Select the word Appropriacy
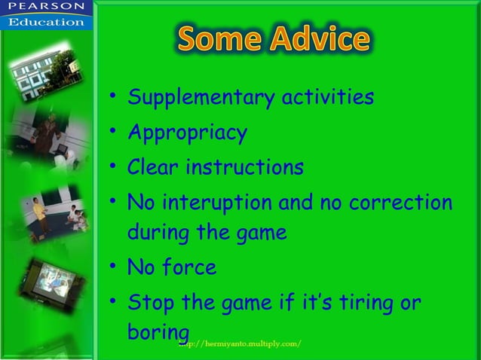(187, 133)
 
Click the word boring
(158, 332)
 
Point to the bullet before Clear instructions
(112, 166)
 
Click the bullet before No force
(112, 266)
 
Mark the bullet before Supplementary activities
(112, 97)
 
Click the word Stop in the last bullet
(152, 304)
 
